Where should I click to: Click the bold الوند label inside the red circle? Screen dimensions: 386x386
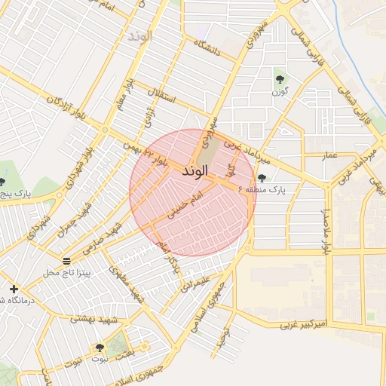194,172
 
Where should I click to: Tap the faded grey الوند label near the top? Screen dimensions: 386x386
140,35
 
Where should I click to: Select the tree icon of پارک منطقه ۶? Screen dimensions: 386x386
262,178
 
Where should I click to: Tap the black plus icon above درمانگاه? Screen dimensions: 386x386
14,289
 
